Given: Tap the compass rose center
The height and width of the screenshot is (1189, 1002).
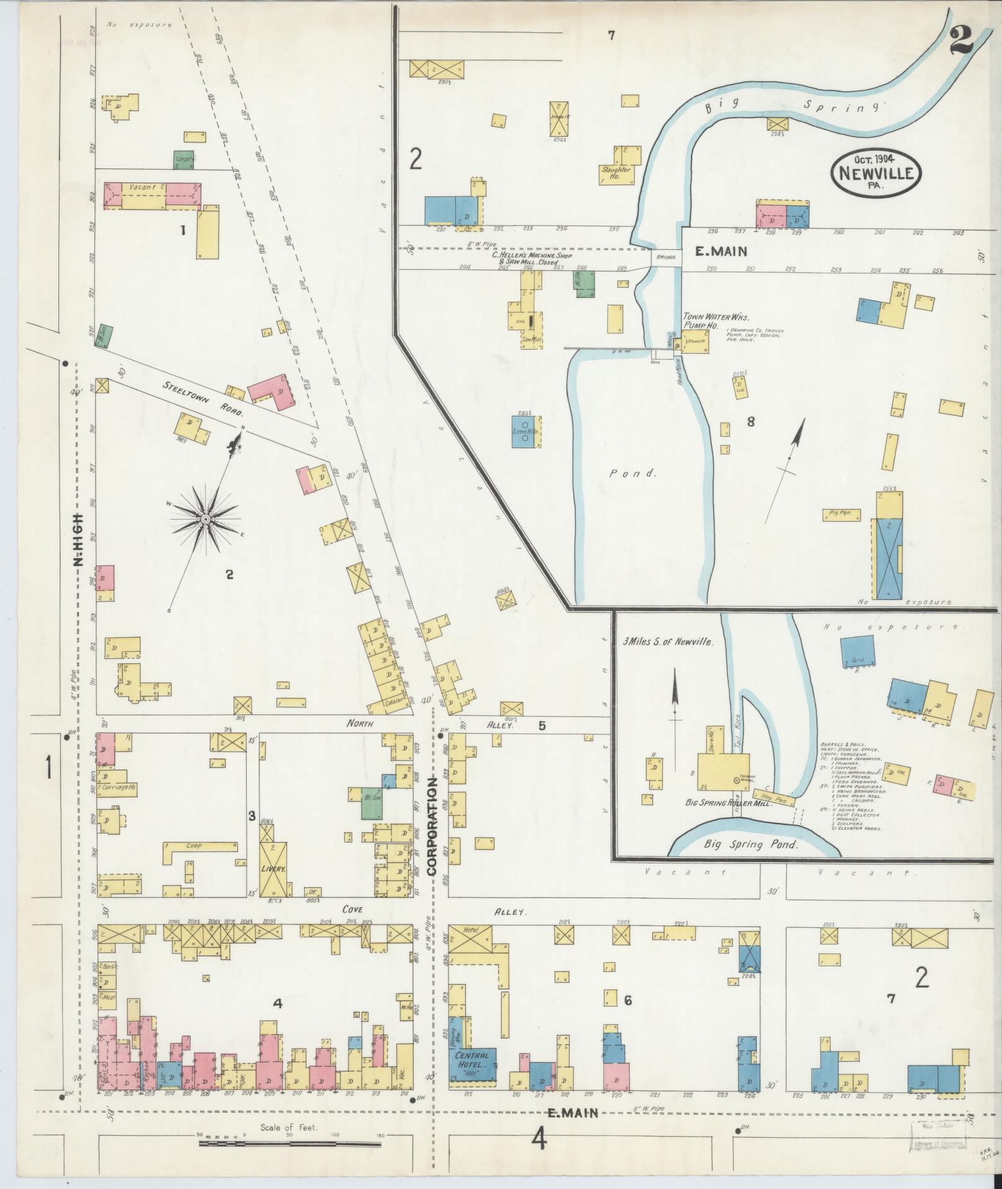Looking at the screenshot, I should pos(205,518).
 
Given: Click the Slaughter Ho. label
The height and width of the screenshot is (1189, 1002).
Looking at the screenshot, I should pos(616,173).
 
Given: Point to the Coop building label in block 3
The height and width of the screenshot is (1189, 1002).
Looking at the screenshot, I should pos(200,846).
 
